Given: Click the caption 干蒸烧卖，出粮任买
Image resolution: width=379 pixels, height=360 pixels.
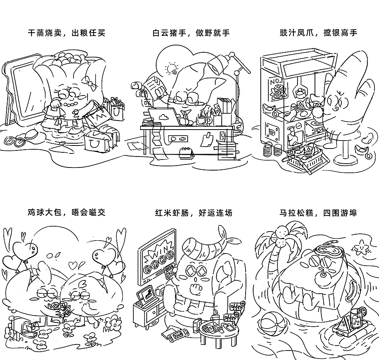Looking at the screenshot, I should tap(67, 33).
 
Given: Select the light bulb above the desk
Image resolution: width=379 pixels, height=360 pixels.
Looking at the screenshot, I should tap(171, 69).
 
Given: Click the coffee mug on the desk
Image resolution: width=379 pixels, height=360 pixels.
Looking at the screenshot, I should tap(202, 121).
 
